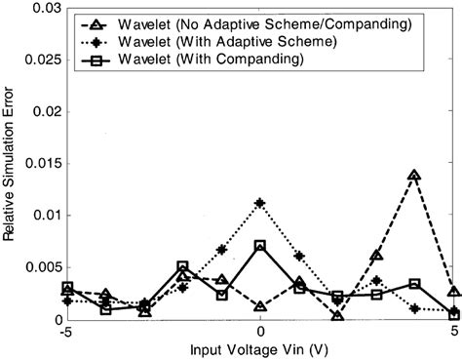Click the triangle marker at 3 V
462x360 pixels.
point(376,256)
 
